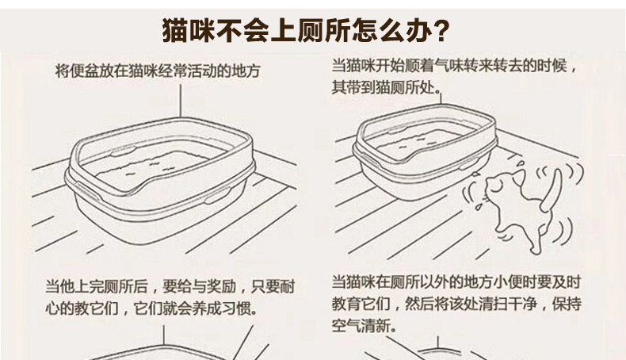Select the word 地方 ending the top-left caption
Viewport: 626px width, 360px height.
coord(247,71)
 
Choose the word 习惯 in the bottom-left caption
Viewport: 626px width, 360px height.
coord(242,305)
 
